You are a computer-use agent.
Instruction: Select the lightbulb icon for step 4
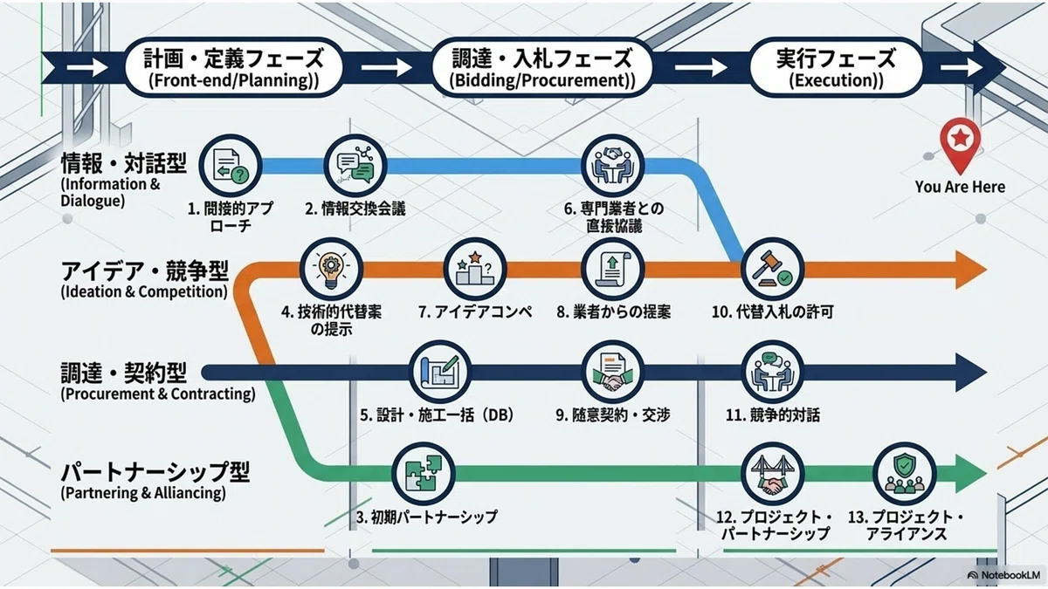(x=331, y=270)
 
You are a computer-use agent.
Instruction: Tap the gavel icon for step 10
(x=773, y=270)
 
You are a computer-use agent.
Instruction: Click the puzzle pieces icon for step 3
(x=423, y=474)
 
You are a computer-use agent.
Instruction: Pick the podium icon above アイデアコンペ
(x=475, y=270)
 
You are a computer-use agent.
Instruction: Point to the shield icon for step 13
(x=905, y=474)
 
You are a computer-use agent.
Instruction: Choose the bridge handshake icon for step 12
(x=773, y=474)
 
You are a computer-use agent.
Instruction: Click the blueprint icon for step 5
(x=440, y=372)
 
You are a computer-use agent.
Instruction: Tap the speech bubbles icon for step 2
(x=355, y=167)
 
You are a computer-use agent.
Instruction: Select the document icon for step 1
(x=231, y=167)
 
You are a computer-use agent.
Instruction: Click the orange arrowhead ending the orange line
(x=971, y=270)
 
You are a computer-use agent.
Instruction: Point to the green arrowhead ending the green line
(x=971, y=474)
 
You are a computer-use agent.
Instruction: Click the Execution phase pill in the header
(x=836, y=68)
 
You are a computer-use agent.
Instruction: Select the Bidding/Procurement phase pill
(x=541, y=68)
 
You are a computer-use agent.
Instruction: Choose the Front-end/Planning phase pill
(x=234, y=68)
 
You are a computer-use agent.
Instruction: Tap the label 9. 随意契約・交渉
(x=613, y=414)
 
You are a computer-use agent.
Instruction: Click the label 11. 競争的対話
(x=773, y=414)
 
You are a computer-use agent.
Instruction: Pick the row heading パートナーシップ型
(x=155, y=472)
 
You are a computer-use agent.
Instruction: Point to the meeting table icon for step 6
(x=613, y=167)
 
